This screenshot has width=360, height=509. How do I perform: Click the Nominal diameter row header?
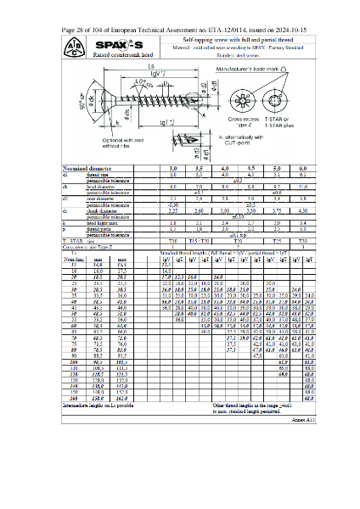click(x=88, y=170)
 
